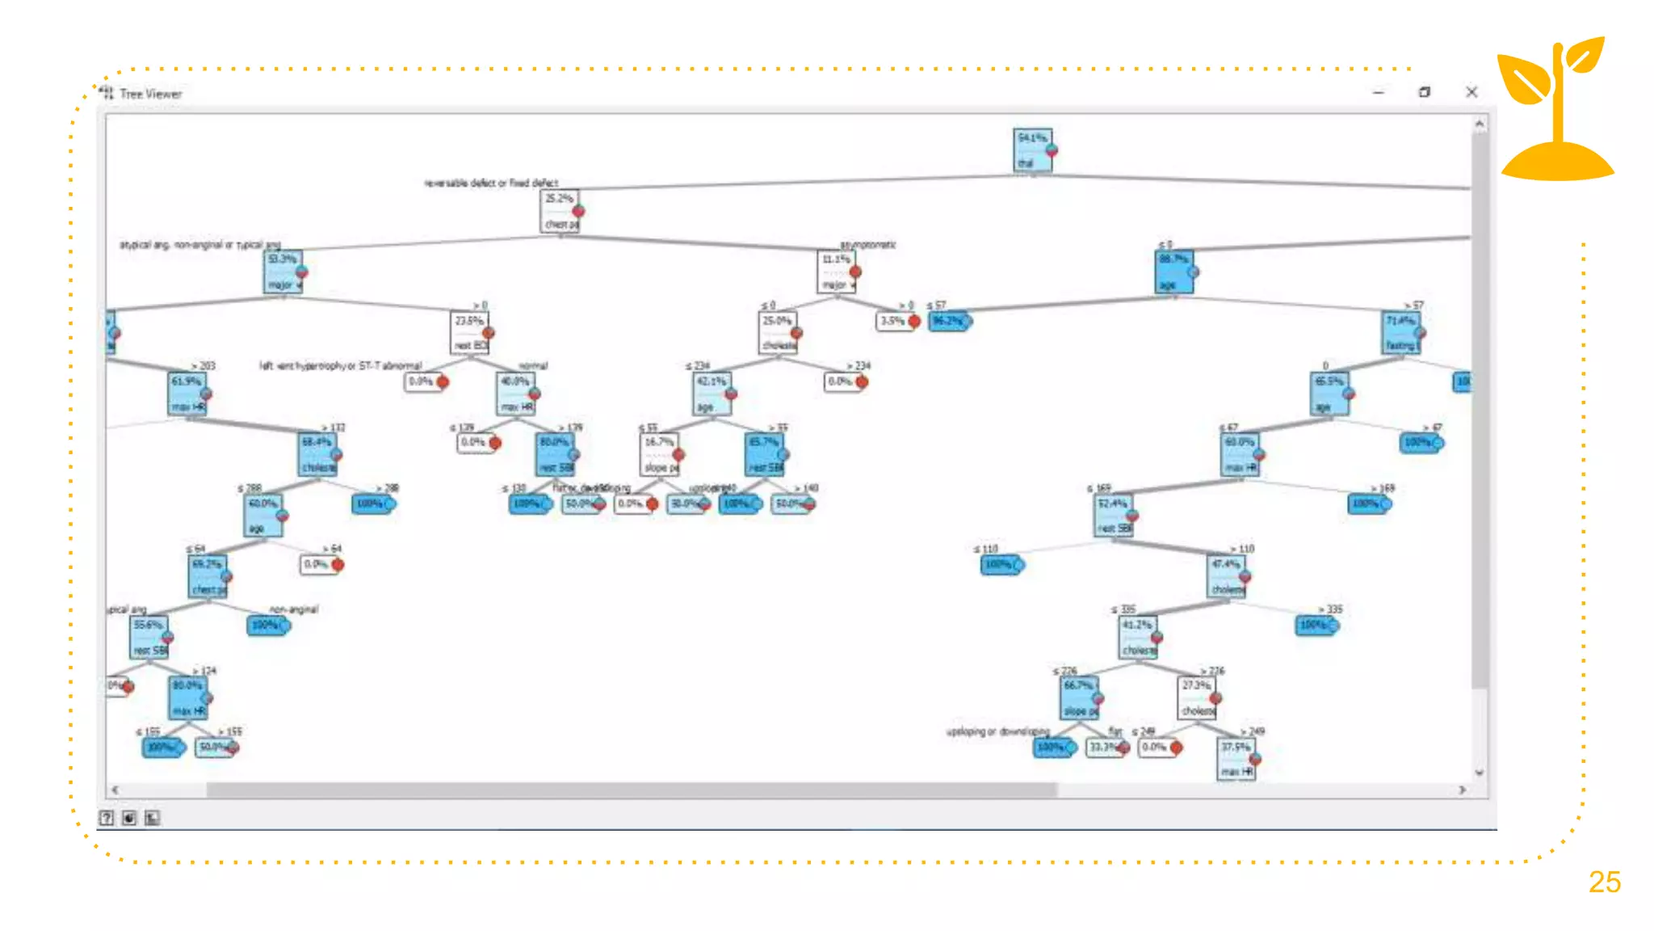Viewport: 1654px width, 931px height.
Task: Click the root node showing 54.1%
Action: click(1033, 150)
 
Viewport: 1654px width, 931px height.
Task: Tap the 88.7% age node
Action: click(1173, 272)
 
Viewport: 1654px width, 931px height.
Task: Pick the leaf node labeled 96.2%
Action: click(949, 321)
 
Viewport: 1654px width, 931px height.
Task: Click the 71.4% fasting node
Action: click(1401, 332)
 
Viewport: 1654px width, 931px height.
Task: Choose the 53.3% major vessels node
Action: click(283, 272)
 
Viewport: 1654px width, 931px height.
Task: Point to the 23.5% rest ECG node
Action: click(470, 332)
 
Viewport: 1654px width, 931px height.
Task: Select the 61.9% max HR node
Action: click(187, 394)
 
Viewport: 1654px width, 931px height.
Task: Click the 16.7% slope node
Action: click(661, 454)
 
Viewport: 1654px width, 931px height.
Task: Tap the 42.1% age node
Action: click(712, 394)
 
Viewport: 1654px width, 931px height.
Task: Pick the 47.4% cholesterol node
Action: click(1227, 576)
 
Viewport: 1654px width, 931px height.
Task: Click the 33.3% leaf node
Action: click(1105, 747)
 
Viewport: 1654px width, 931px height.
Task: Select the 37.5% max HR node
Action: click(1236, 759)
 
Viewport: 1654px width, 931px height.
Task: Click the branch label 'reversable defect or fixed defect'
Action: click(491, 183)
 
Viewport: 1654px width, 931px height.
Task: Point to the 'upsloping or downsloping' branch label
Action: click(997, 731)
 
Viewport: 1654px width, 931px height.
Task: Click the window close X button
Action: click(1471, 92)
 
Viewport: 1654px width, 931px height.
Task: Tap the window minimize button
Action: click(1379, 92)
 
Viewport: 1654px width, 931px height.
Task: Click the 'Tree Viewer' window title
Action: click(151, 94)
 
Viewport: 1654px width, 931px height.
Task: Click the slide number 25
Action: click(1604, 882)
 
